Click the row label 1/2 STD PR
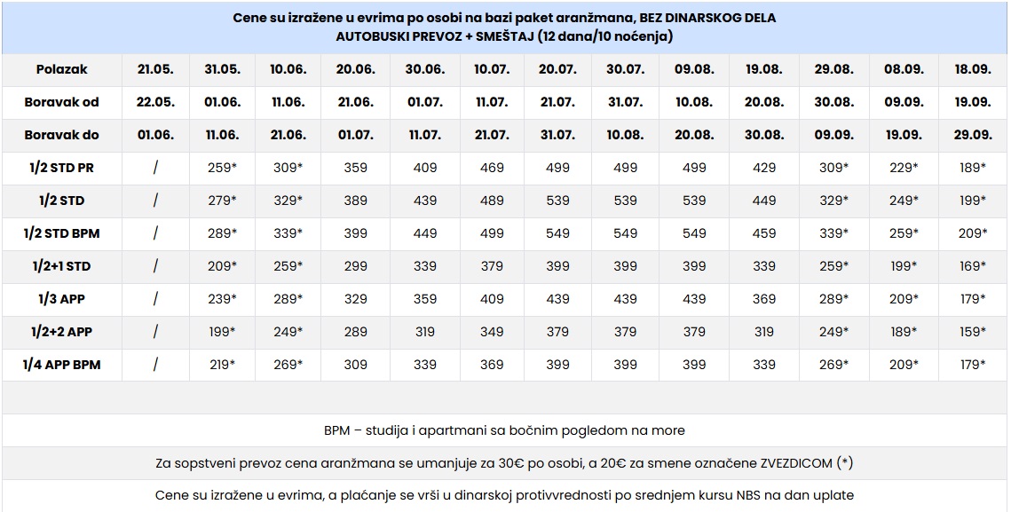point(61,168)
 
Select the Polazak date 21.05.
point(155,69)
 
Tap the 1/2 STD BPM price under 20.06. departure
point(355,233)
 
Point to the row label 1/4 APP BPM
point(61,365)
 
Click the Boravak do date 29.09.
point(972,135)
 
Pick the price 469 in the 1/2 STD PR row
point(491,168)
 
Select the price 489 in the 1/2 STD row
point(491,201)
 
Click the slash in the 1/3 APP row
point(155,299)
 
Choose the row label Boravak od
point(61,102)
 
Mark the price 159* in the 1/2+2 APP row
point(972,332)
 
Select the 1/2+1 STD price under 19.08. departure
point(763,266)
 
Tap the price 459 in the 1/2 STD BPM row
point(763,233)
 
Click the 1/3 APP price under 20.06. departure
point(355,299)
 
